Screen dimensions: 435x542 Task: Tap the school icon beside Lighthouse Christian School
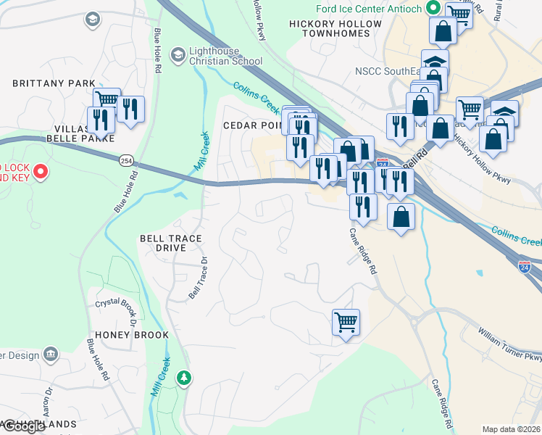tap(178, 55)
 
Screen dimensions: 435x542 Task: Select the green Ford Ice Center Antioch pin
tap(434, 9)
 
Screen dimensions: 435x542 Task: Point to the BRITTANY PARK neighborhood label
tap(54, 84)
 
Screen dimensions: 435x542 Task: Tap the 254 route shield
tap(127, 159)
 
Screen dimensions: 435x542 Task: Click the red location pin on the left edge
tap(41, 173)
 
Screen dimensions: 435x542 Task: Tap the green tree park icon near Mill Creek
tap(185, 377)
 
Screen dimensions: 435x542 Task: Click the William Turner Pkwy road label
tap(509, 346)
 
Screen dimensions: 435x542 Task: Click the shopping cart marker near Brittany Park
tap(107, 99)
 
